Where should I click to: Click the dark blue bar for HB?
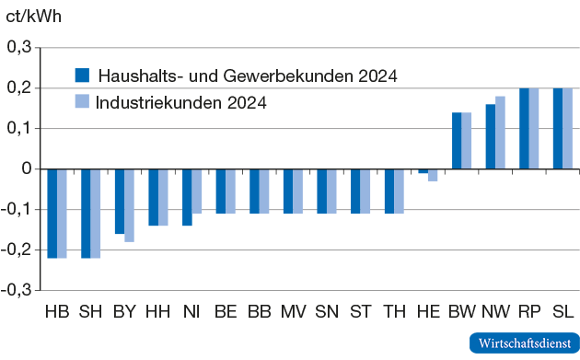click(x=52, y=213)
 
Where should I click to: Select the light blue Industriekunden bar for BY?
click(x=129, y=204)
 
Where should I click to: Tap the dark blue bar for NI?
click(x=187, y=197)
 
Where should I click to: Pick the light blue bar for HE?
click(x=433, y=175)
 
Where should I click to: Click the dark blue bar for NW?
click(x=491, y=136)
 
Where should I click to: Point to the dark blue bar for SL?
click(x=558, y=129)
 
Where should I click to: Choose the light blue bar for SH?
click(x=96, y=213)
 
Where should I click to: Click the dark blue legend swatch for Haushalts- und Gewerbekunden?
click(x=82, y=75)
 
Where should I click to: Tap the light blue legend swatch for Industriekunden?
click(x=82, y=101)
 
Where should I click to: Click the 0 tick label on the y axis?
click(x=27, y=168)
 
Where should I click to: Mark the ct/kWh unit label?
click(x=34, y=16)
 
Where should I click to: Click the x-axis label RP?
click(x=528, y=312)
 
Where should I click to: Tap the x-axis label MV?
click(x=293, y=312)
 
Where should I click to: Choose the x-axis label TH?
click(x=394, y=312)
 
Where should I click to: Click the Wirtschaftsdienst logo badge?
click(x=522, y=343)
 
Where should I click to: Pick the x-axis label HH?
click(x=158, y=312)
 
